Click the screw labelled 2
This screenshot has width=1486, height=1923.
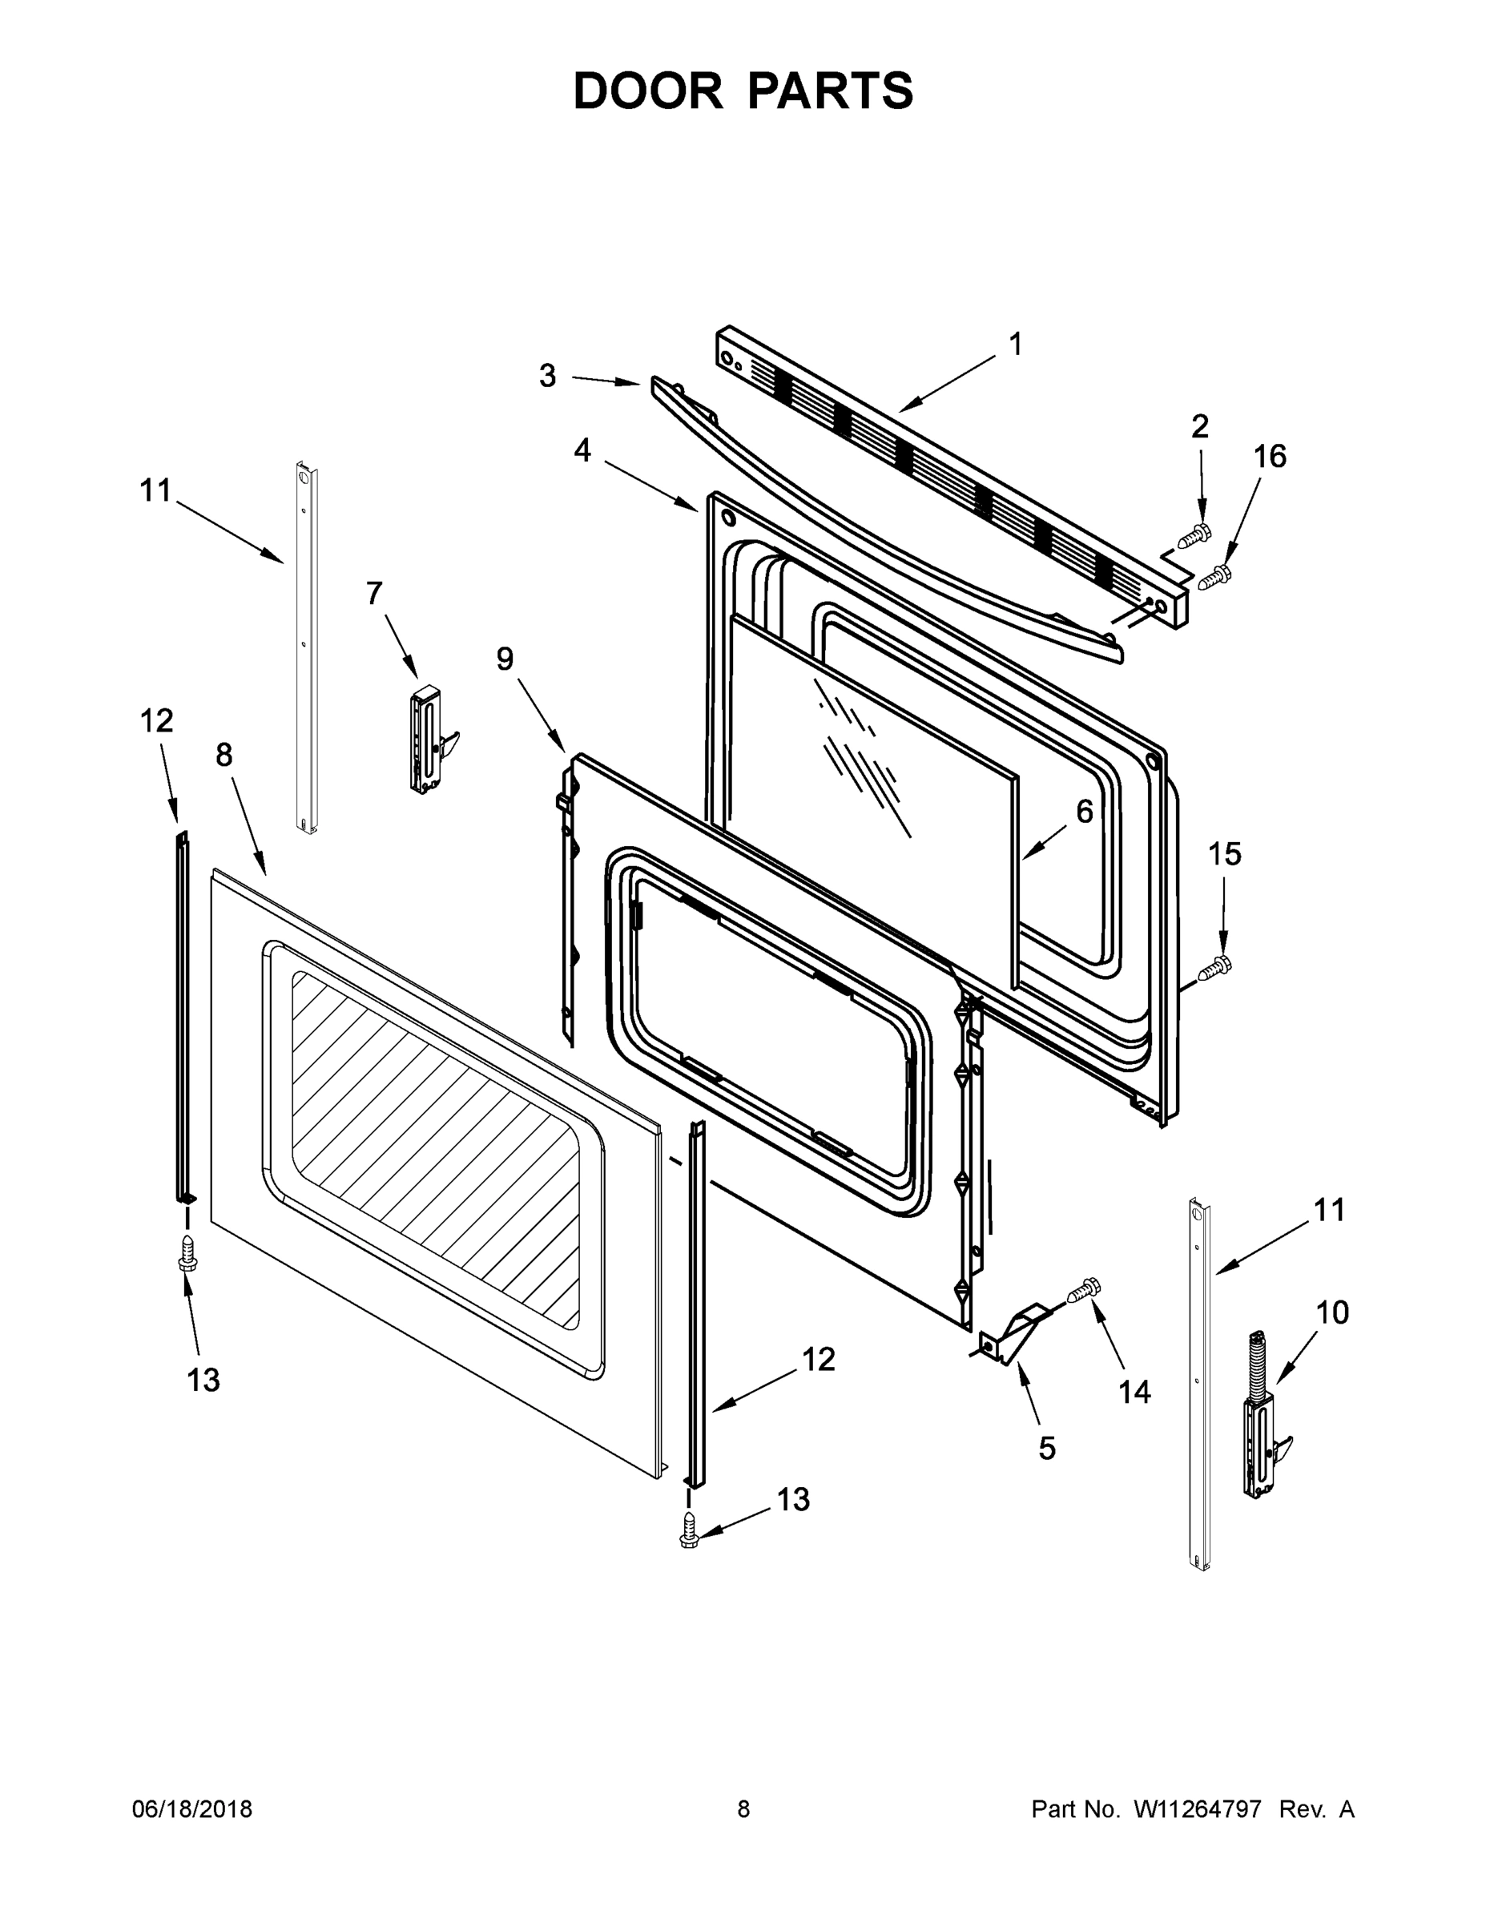point(1194,535)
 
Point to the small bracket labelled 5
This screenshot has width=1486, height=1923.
point(1013,1334)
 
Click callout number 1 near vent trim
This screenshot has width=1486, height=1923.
point(1016,345)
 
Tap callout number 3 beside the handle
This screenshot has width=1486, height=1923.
point(548,376)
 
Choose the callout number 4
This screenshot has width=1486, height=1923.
point(582,450)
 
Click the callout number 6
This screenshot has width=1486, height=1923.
point(1084,811)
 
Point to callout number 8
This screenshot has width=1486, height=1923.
point(224,754)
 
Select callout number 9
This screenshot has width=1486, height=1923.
point(505,658)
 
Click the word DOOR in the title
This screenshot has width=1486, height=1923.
point(648,91)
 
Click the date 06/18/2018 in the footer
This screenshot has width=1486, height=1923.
point(192,1808)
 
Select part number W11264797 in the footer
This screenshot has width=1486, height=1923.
point(1198,1808)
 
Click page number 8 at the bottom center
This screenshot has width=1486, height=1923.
point(743,1808)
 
